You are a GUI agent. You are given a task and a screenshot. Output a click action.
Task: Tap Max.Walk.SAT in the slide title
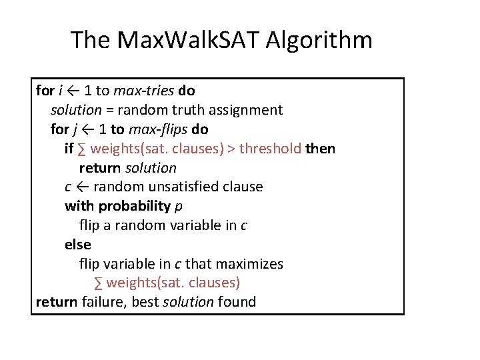pyautogui.click(x=189, y=41)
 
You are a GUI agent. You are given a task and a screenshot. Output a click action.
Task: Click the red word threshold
pyautogui.click(x=270, y=149)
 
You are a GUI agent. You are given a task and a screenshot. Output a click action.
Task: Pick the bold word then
pyautogui.click(x=320, y=149)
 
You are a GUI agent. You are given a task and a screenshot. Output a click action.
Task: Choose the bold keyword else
pyautogui.click(x=77, y=245)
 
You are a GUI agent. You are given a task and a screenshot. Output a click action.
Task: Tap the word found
pyautogui.click(x=237, y=302)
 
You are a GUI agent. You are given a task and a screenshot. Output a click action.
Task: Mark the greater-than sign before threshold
pyautogui.click(x=231, y=149)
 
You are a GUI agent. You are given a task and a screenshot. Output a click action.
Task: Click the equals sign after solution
pyautogui.click(x=109, y=110)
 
